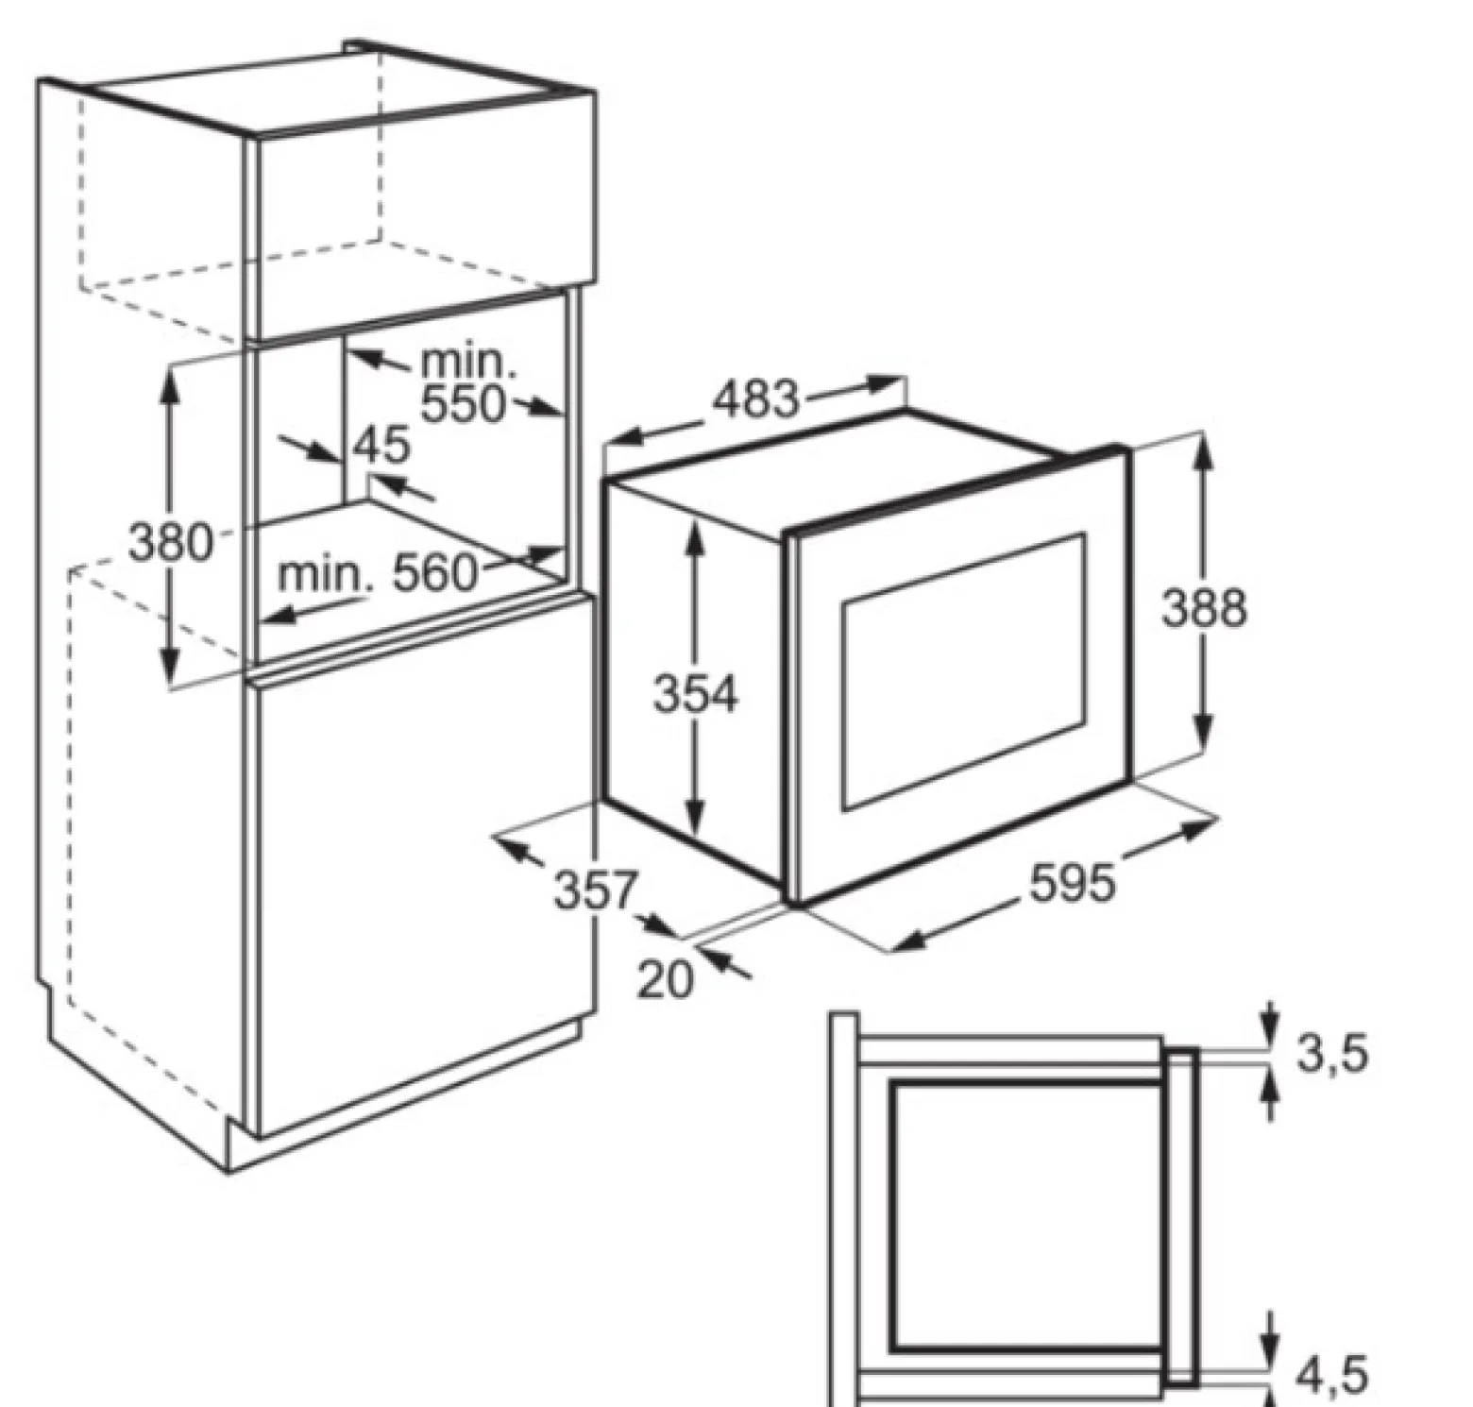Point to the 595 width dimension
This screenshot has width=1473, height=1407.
[1073, 884]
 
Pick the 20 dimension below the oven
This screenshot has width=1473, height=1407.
[666, 979]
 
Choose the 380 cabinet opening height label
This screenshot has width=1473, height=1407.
[171, 543]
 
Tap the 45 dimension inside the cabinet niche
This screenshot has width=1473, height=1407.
[382, 445]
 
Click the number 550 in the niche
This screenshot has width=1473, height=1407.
[464, 404]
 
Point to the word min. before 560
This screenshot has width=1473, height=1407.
[325, 574]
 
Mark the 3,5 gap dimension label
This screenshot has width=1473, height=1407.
[1332, 1053]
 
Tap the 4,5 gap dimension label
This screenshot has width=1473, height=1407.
[1332, 1375]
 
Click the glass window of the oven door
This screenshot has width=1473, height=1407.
[964, 671]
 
